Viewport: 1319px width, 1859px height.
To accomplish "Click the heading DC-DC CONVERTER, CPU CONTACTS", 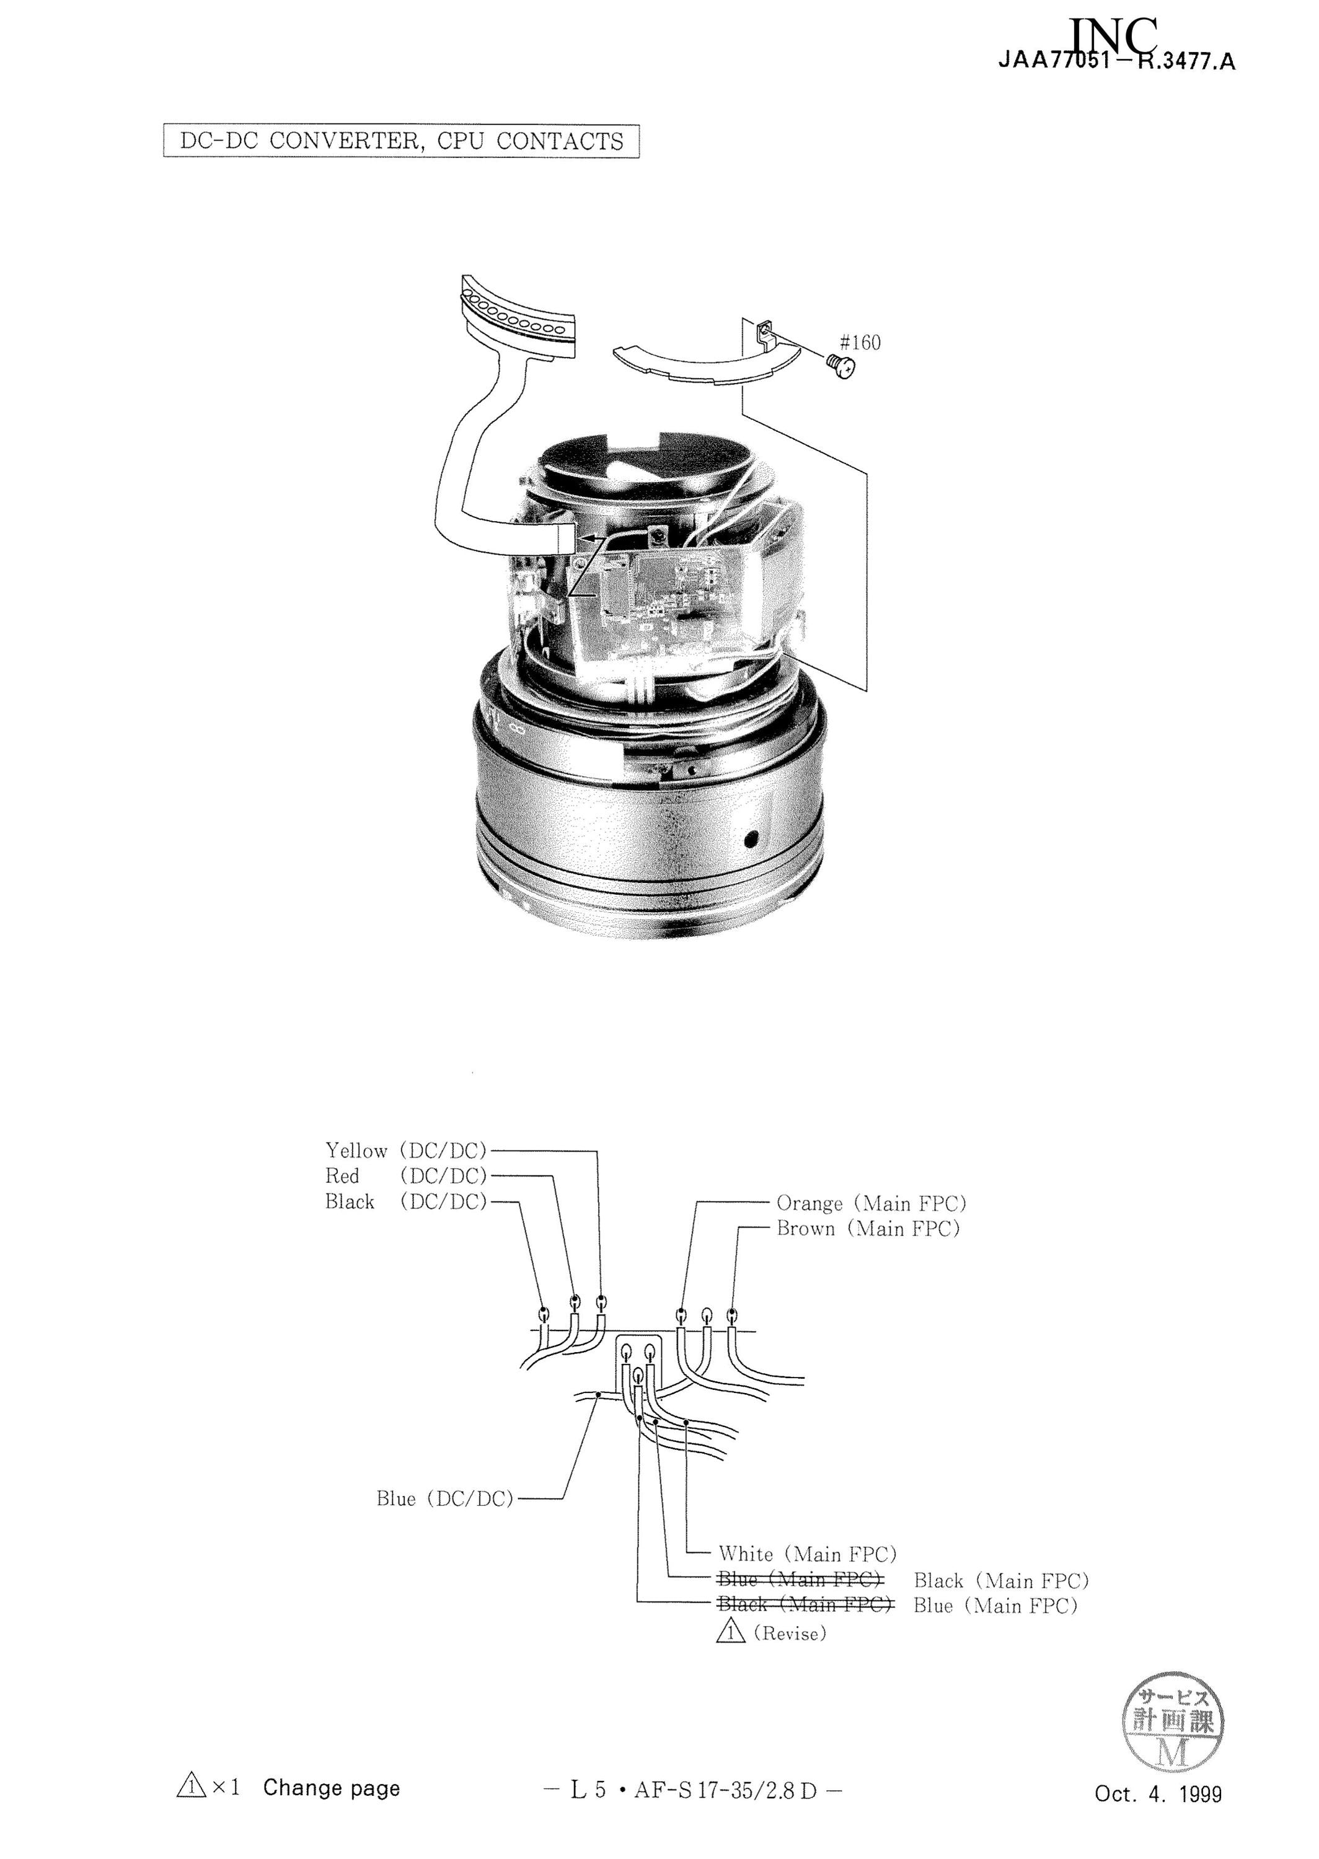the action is (401, 141).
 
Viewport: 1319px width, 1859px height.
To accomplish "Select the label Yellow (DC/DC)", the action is (405, 1150).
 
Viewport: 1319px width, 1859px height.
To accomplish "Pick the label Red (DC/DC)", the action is (405, 1176).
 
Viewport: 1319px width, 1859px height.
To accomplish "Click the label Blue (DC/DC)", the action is (445, 1498).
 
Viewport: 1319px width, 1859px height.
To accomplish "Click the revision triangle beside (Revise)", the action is (731, 1631).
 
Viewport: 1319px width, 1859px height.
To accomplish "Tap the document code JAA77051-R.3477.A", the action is (1118, 62).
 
